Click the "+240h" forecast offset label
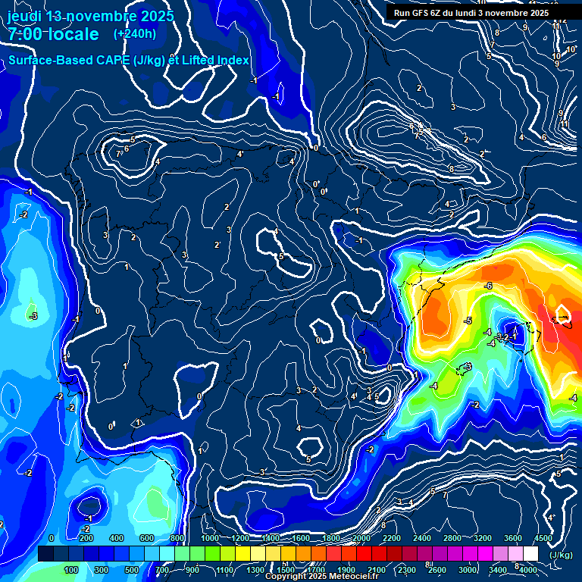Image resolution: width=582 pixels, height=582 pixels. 135,34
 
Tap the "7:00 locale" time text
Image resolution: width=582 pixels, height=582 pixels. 53,34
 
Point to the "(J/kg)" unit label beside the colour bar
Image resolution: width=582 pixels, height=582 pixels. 562,555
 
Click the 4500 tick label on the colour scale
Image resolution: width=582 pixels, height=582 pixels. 543,538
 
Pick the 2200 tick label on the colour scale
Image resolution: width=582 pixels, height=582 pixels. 391,538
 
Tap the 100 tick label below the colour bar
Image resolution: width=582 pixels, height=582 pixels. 71,570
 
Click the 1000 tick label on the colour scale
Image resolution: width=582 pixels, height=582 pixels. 209,538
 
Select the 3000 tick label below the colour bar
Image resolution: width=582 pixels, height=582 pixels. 468,570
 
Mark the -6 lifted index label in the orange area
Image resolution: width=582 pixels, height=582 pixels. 489,286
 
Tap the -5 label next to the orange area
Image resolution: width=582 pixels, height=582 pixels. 468,321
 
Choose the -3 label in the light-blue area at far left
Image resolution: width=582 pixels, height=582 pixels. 33,315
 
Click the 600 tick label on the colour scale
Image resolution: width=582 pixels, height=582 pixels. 146,538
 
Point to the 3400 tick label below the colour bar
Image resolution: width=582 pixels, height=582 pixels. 498,570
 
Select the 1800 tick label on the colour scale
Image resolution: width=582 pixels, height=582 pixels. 330,538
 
